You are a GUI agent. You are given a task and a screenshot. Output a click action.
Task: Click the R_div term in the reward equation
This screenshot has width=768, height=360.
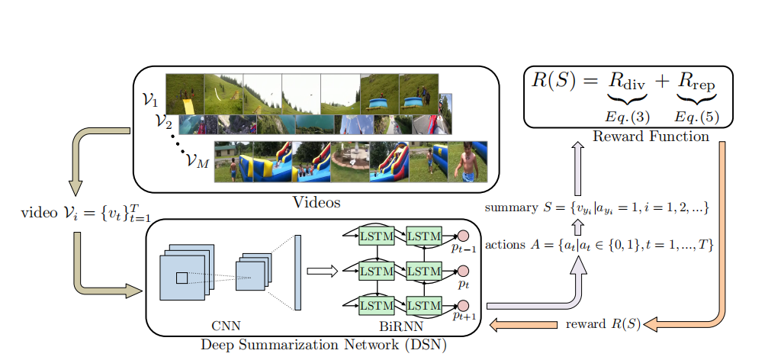pyautogui.click(x=627, y=82)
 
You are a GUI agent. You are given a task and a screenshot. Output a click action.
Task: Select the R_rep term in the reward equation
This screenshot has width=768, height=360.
pyautogui.click(x=696, y=82)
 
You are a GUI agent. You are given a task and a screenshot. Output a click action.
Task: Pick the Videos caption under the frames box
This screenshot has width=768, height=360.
pyautogui.click(x=317, y=203)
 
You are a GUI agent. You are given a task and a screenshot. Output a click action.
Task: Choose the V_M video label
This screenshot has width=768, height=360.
pyautogui.click(x=197, y=162)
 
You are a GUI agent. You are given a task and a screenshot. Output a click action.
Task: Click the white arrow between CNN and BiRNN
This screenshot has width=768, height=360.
pyautogui.click(x=321, y=270)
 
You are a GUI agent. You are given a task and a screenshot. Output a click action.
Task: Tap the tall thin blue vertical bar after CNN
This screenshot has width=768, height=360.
pyautogui.click(x=297, y=272)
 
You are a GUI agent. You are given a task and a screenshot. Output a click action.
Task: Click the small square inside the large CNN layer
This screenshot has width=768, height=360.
pyautogui.click(x=182, y=278)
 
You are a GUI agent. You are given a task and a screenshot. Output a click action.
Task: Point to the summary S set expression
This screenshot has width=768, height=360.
pyautogui.click(x=599, y=207)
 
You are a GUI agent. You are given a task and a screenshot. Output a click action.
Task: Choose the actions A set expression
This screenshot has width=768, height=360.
pyautogui.click(x=599, y=244)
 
